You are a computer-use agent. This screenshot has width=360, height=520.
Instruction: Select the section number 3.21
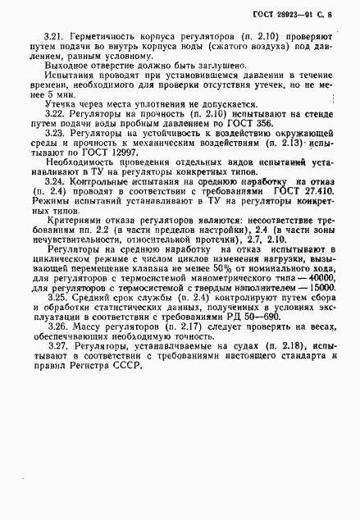click(x=54, y=38)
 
